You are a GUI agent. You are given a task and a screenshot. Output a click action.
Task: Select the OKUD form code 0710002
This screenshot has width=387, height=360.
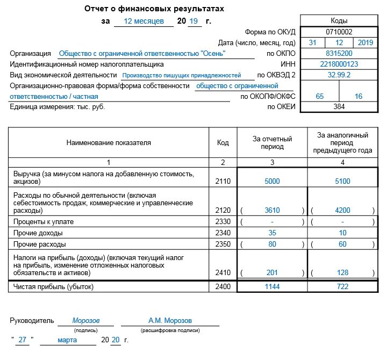pos(339,32)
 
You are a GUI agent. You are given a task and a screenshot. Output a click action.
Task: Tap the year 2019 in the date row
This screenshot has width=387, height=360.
pos(365,42)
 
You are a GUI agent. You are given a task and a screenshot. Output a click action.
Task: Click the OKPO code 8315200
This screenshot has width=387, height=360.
pos(339,54)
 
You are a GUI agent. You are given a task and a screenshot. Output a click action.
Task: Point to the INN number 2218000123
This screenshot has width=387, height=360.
pos(339,64)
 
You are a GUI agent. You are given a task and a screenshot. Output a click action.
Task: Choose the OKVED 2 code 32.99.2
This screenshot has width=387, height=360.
pos(339,75)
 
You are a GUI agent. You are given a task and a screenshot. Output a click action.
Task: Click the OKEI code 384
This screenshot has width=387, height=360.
pos(339,107)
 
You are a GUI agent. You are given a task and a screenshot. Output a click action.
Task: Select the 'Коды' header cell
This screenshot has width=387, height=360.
pos(339,20)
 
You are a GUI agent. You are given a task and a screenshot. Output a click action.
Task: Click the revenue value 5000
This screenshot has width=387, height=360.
pos(272,182)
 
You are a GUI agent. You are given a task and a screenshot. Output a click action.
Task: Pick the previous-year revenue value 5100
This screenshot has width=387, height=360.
pos(342,182)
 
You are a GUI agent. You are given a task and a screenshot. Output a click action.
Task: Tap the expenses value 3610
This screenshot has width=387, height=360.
pos(272,210)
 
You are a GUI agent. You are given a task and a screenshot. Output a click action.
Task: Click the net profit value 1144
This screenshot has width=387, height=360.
pos(272,287)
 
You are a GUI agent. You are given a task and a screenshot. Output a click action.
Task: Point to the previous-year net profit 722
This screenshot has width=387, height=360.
pos(342,287)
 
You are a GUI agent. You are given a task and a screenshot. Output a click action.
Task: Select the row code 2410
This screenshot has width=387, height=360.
pos(223,273)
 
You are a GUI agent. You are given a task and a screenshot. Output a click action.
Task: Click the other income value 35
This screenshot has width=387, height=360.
pos(272,233)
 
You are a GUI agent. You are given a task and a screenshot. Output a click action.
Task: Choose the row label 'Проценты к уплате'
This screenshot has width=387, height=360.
pos(44,222)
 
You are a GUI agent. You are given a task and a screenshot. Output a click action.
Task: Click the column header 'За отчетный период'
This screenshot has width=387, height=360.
pos(272,142)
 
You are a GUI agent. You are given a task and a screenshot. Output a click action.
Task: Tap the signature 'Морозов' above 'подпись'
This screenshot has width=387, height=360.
pos(86,321)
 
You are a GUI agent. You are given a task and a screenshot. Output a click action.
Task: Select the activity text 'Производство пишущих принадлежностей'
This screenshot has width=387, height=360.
pos(181,76)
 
